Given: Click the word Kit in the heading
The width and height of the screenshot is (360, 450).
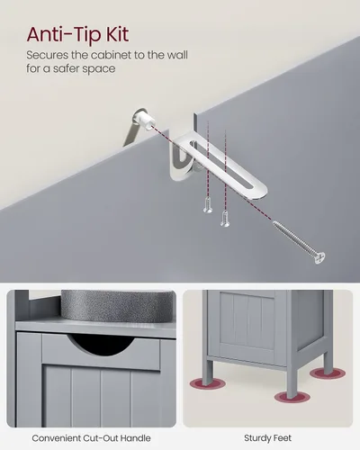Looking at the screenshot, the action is coord(118,34).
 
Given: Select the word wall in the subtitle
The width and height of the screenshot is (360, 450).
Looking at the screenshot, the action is coord(177,55).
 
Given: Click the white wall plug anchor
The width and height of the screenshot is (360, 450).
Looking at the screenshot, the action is coord(145,119).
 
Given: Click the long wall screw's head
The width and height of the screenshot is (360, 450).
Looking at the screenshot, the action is coord(319,258).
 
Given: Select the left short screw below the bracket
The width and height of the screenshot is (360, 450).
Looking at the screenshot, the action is coord(208,205).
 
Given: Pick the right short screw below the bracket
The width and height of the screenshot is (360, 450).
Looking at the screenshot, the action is coord(225,218).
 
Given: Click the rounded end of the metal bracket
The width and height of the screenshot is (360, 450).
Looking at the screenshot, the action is coord(258,191).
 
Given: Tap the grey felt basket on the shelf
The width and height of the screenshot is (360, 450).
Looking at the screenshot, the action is coord(119,305).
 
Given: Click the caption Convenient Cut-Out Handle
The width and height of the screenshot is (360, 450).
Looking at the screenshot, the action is coord(91,438).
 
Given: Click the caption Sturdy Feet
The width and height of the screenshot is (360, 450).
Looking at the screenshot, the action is coord(267,438).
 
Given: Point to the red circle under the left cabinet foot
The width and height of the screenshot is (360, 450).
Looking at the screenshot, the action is coord(207,383).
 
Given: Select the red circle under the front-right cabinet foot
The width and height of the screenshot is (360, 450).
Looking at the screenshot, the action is coord(292,397).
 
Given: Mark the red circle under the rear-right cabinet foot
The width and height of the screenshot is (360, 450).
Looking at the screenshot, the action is coord(328,373).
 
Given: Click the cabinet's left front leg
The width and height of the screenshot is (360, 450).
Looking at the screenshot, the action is coord(207,372).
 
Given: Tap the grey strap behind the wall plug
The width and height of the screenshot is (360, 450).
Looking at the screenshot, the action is coord(131,132).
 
